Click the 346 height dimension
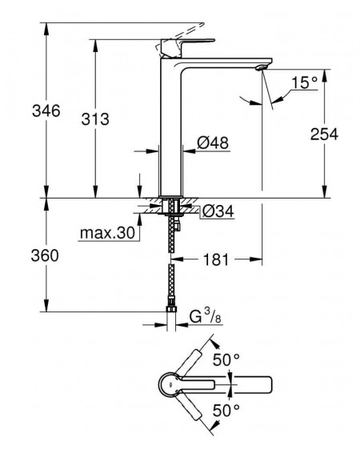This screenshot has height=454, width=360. click(x=46, y=110)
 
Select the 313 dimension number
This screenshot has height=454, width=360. click(x=95, y=119)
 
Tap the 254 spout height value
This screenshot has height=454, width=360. click(x=324, y=134)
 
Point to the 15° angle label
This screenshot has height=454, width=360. click(x=305, y=82)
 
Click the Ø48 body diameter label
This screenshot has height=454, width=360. click(x=213, y=143)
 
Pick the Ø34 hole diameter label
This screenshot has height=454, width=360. click(x=218, y=211)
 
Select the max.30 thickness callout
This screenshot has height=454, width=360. click(x=107, y=232)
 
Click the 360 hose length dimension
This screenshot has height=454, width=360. click(x=45, y=255)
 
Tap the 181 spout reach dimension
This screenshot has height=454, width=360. click(x=216, y=259)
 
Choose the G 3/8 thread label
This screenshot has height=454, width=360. click(x=206, y=316)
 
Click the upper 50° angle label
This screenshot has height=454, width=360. click(x=226, y=360)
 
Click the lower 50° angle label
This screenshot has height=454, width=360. click(x=226, y=410)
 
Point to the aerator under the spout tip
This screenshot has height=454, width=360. click(x=260, y=67)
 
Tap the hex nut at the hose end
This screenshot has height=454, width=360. click(x=171, y=309)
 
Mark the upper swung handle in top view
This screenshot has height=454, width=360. click(x=189, y=363)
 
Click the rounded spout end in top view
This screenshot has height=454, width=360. click(x=268, y=385)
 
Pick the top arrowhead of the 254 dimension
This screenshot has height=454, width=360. click(x=325, y=74)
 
